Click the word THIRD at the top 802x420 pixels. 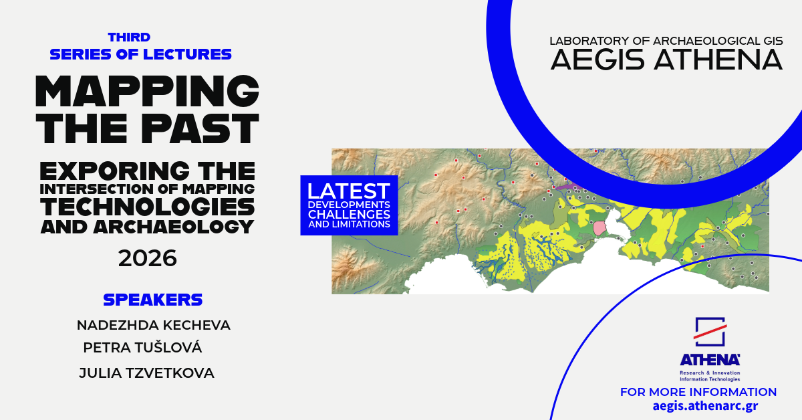click(x=129, y=37)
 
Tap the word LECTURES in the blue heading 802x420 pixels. click(x=187, y=54)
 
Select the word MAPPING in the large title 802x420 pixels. click(x=147, y=91)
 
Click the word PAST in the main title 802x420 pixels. click(x=200, y=128)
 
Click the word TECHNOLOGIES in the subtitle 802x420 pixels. click(x=148, y=207)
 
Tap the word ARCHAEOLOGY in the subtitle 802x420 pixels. click(x=174, y=227)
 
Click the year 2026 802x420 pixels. click(x=148, y=258)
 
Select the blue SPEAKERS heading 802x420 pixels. click(x=153, y=300)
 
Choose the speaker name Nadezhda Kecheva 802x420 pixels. click(x=154, y=326)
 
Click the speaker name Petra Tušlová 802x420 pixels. click(x=142, y=347)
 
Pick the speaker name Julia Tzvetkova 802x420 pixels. click(x=146, y=373)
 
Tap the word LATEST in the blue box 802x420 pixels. click(x=349, y=191)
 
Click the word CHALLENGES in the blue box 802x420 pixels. click(x=349, y=214)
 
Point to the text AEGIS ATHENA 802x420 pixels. click(x=666, y=60)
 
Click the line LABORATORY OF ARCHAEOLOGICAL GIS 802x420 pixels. click(x=666, y=41)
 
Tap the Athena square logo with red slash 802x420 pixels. click(x=710, y=332)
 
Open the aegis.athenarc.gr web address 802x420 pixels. click(x=705, y=406)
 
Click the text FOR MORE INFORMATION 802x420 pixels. click(x=698, y=392)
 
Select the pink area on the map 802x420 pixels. click(x=599, y=228)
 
